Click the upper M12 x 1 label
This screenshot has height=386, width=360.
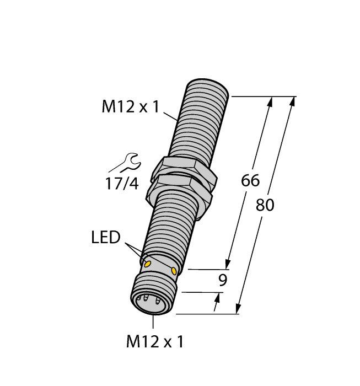[130, 106]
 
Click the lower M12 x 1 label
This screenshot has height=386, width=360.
[154, 342]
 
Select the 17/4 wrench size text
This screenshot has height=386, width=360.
[122, 183]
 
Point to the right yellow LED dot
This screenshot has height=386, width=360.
[174, 271]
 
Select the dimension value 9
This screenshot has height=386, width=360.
[223, 280]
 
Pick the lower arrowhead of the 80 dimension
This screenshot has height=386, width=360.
[239, 308]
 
